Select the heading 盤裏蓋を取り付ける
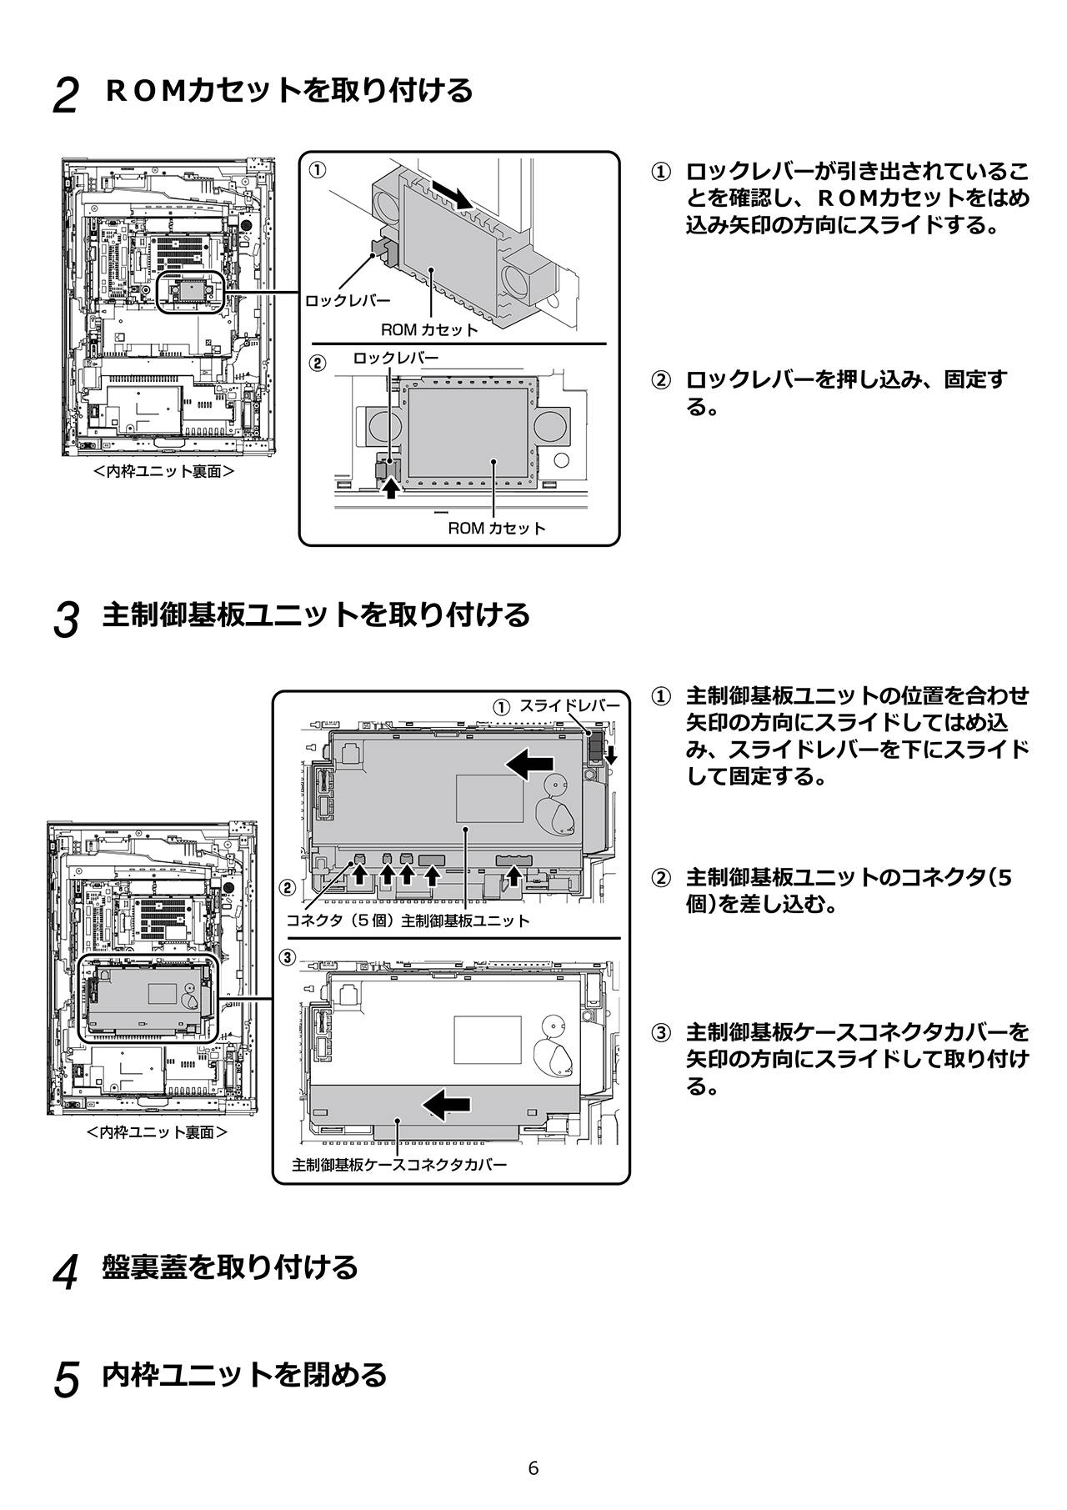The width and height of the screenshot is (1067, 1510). point(229,1267)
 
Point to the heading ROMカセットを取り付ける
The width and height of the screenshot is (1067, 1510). point(289,90)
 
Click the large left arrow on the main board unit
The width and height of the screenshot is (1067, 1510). point(530,762)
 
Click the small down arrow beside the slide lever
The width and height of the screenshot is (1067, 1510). point(611,755)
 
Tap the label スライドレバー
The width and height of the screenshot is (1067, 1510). point(569,705)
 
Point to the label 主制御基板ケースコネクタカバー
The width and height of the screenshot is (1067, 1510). point(399,1164)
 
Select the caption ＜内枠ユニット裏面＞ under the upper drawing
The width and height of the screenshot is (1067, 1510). point(163,471)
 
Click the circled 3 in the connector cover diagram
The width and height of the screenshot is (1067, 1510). point(287,957)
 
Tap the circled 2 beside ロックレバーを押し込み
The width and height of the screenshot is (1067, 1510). point(659,381)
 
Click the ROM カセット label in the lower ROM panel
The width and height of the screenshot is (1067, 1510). point(497,528)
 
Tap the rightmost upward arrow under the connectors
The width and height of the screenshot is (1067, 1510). point(514,875)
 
